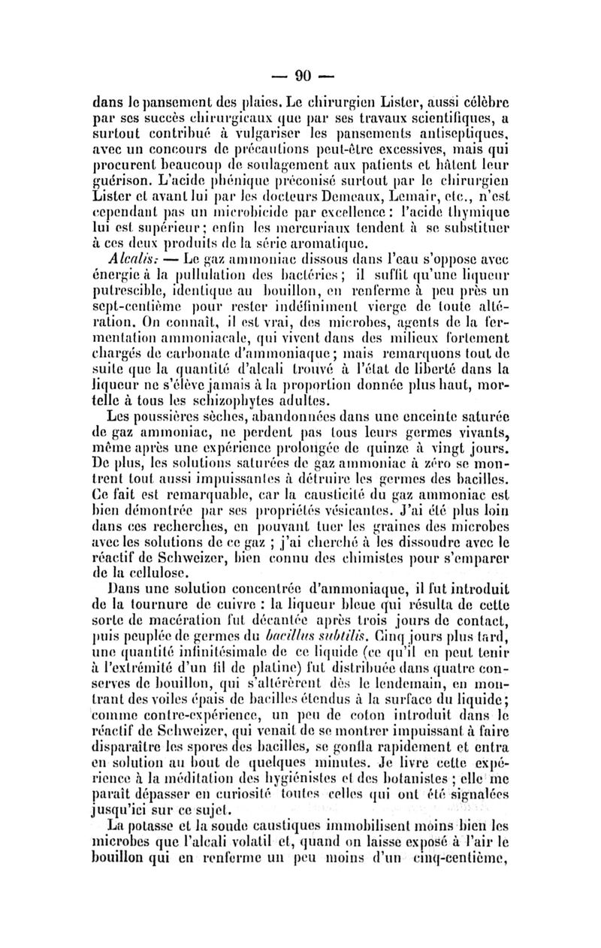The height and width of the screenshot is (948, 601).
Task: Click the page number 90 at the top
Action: point(304,75)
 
